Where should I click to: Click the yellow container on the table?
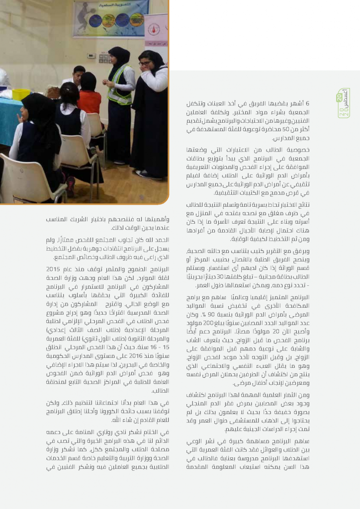21,93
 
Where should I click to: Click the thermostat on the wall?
91,56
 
